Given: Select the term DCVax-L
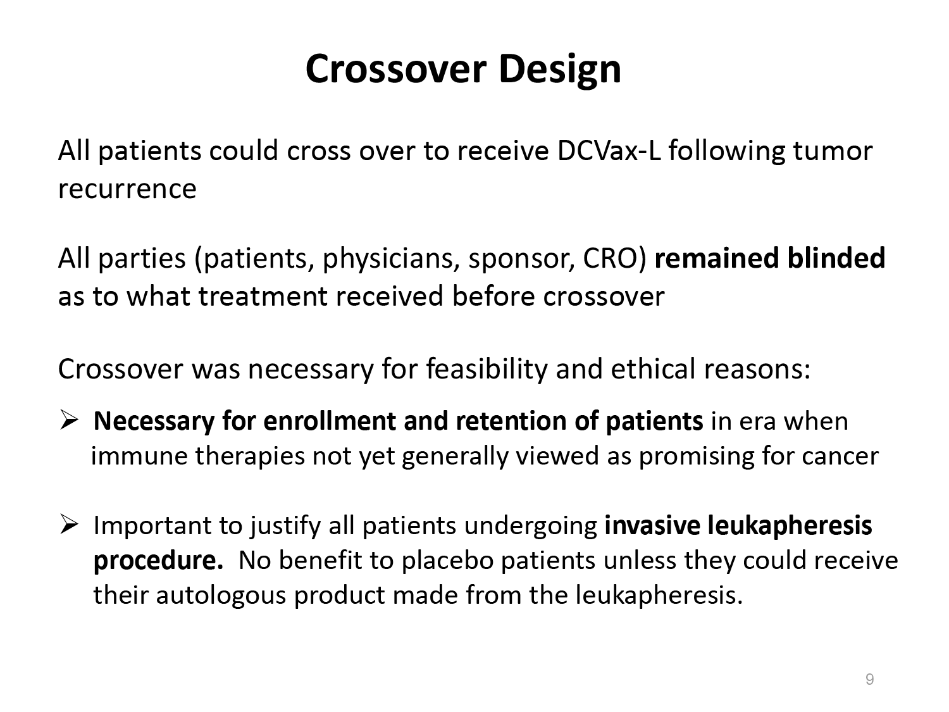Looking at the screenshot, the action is click(x=609, y=151).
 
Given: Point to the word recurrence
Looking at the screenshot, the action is click(x=127, y=189).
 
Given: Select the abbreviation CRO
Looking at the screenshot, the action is click(x=611, y=258).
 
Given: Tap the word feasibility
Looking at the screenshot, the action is click(x=487, y=370).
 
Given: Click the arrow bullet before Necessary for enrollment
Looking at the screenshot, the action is click(x=69, y=420).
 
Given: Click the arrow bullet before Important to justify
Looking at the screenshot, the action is click(x=69, y=525).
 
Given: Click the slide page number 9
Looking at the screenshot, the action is click(x=869, y=679).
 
